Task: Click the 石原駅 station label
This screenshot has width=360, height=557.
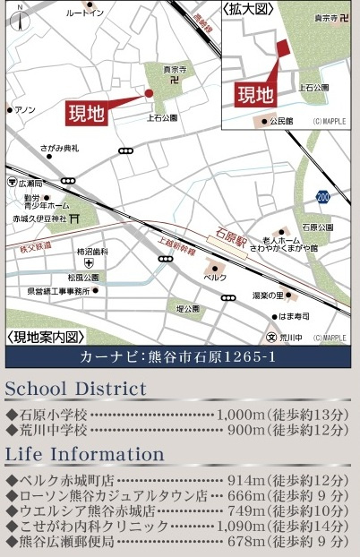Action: tap(227, 234)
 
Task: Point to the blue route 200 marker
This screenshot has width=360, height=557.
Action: tap(322, 194)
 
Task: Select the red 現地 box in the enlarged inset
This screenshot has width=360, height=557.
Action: tap(254, 94)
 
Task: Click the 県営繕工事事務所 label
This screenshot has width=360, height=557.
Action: tap(58, 291)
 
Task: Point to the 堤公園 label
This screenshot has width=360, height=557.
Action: tap(186, 308)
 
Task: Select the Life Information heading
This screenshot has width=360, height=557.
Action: tap(84, 454)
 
